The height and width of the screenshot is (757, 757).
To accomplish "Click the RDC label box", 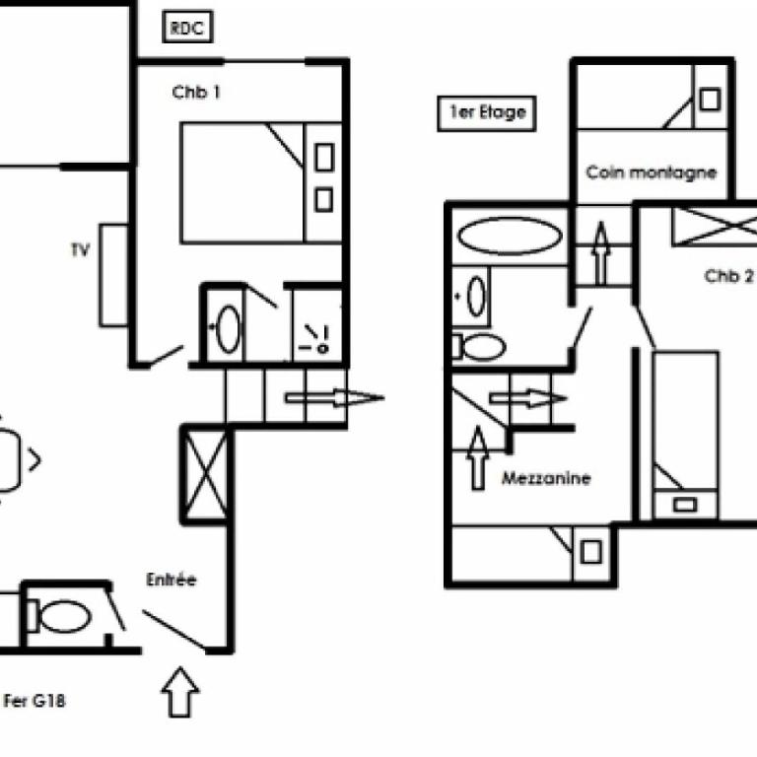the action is [x=187, y=27].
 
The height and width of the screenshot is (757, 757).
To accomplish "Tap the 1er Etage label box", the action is [x=487, y=113].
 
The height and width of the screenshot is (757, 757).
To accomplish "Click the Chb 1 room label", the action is [x=196, y=92].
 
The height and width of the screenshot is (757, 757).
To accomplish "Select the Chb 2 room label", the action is [x=728, y=276].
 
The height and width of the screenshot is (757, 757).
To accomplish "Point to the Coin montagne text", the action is [x=652, y=172].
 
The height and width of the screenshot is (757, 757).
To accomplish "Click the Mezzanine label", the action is [x=546, y=478].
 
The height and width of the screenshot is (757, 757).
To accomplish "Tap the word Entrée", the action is [x=172, y=580].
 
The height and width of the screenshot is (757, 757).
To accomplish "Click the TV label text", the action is [x=80, y=249].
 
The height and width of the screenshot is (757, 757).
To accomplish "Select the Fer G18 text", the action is [x=34, y=701].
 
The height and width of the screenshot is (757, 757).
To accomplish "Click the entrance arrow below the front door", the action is [x=180, y=691].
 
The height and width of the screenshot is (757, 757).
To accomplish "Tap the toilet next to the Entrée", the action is [x=59, y=616].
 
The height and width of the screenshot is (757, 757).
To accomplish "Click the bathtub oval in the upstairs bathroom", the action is [x=510, y=237].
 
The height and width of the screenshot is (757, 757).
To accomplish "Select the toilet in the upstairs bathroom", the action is [x=479, y=346].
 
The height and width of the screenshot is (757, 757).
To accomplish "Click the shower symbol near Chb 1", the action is [x=316, y=339].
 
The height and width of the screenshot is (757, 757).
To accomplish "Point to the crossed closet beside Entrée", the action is [x=206, y=474].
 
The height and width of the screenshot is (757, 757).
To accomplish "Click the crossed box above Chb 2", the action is [x=715, y=226].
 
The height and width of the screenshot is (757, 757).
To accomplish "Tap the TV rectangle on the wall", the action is [x=113, y=275].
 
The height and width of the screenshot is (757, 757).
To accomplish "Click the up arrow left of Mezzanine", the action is [x=478, y=457].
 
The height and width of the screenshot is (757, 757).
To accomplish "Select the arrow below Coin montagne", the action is [x=600, y=253].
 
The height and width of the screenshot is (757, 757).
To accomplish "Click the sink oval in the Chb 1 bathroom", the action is [x=228, y=329].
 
